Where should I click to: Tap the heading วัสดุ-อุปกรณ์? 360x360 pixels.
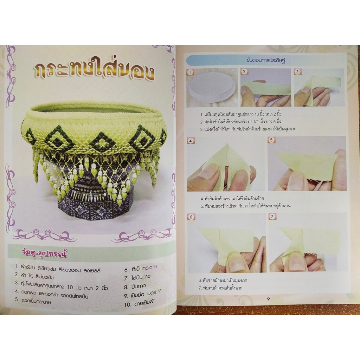[x=44, y=254]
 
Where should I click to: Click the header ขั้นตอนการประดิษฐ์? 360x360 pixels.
[x=266, y=60]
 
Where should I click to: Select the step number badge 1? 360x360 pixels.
[x=190, y=72]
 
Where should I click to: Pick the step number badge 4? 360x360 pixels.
[x=191, y=141]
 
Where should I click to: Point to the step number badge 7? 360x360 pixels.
[x=272, y=217]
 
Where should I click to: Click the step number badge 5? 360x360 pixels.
[x=271, y=140]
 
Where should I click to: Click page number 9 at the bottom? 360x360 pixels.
[x=268, y=299]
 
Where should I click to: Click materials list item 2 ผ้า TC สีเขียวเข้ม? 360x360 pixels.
[x=34, y=276]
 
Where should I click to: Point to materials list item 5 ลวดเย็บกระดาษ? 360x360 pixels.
[x=33, y=301]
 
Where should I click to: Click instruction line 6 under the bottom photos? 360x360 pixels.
[x=223, y=281]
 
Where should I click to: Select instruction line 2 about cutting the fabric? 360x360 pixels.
[x=240, y=121]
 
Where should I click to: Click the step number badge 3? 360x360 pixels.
[x=297, y=72]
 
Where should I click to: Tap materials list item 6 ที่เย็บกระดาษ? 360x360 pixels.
[x=141, y=269]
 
